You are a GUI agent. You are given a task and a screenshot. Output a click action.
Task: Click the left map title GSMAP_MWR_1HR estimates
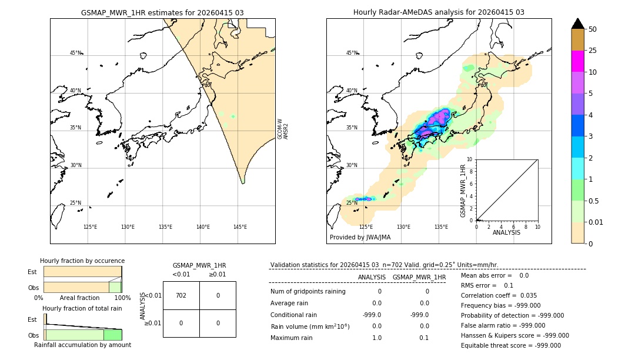(x=162, y=12)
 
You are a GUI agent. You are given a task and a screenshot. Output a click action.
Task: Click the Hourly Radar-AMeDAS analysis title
(x=439, y=12)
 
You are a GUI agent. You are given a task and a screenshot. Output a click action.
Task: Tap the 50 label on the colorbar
(x=593, y=29)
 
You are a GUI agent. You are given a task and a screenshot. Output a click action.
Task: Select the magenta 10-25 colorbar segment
(x=577, y=61)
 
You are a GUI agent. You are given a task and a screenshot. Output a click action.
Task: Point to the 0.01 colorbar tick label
(x=596, y=222)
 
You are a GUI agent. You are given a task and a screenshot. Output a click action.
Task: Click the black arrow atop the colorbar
(x=577, y=24)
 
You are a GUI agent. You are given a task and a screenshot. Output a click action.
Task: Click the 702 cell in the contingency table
(x=181, y=295)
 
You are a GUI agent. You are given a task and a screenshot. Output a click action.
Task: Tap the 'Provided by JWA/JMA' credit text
(x=360, y=238)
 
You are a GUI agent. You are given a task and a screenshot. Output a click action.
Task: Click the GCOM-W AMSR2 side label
(x=283, y=128)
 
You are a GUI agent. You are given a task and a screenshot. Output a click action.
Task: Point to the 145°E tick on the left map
(x=240, y=227)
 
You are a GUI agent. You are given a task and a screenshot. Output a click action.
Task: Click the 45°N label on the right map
(x=352, y=53)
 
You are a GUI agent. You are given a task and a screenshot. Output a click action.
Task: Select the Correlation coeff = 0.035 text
(x=499, y=295)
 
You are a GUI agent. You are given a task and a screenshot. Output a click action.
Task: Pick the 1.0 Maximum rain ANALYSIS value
(x=377, y=338)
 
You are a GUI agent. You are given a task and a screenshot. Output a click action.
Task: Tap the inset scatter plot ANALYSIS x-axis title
(x=506, y=232)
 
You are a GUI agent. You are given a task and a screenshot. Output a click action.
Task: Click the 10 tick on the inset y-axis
(x=470, y=159)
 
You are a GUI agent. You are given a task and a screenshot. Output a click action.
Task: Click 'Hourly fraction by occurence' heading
(x=82, y=261)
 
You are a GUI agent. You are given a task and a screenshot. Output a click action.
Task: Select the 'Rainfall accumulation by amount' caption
(x=82, y=345)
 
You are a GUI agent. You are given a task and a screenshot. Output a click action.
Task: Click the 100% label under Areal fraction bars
(x=122, y=298)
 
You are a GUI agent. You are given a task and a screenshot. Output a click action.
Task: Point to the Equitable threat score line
(x=510, y=345)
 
